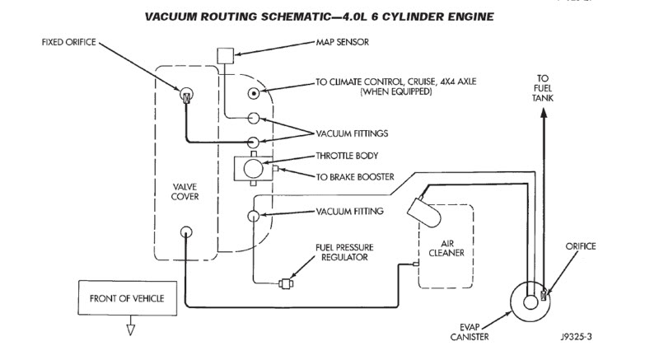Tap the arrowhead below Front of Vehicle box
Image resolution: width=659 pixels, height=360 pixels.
[129, 331]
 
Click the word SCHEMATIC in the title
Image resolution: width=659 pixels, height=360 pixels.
[291, 16]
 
